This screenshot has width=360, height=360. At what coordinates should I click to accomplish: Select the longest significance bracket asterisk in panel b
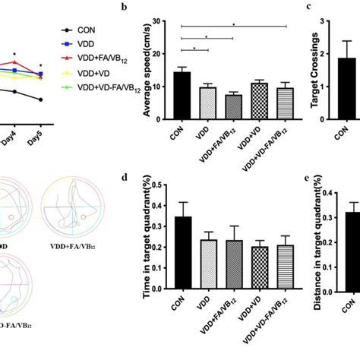[x=233, y=24]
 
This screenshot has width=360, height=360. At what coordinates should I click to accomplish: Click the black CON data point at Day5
[x=40, y=99]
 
